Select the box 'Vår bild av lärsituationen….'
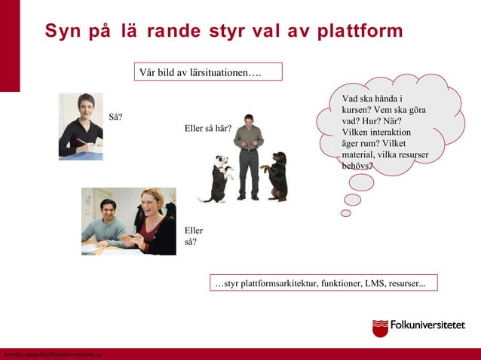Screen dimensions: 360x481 pyautogui.click(x=208, y=72)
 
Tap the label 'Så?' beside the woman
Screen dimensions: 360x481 pyautogui.click(x=116, y=117)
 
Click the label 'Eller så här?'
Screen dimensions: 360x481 pyautogui.click(x=207, y=128)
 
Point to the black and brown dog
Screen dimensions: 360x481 pyautogui.click(x=276, y=175)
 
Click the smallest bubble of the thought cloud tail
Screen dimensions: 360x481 pyautogui.click(x=346, y=213)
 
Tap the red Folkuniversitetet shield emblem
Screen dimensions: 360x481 pyautogui.click(x=380, y=328)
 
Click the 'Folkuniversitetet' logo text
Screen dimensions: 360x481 pyautogui.click(x=427, y=326)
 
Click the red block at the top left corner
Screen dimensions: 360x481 pyautogui.click(x=10, y=45)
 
